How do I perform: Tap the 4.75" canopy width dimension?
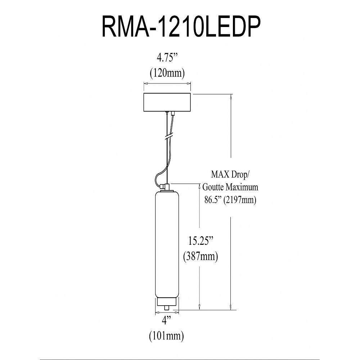(167, 58)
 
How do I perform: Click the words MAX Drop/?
(230, 176)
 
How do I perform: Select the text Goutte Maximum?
(230, 188)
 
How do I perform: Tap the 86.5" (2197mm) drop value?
(230, 200)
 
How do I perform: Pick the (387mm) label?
(200, 256)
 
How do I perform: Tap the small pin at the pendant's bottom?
(167, 307)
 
